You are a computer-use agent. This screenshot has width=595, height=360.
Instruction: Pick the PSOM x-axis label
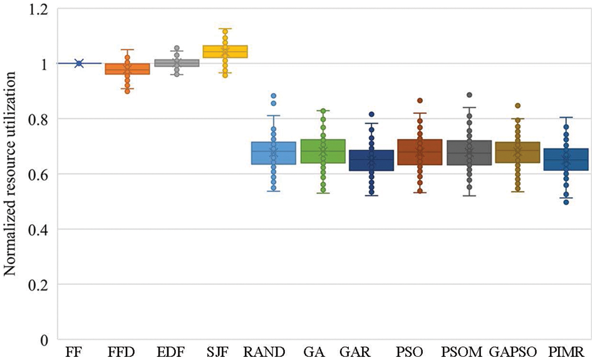point(462,352)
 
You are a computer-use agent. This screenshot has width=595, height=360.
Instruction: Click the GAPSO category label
point(513,352)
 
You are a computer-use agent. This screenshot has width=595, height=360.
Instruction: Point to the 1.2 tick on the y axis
point(38,9)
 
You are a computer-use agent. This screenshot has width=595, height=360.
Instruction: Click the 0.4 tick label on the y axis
point(38,229)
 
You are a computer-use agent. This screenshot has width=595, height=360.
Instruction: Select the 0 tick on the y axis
point(43,340)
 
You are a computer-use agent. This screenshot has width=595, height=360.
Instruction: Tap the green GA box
point(323,152)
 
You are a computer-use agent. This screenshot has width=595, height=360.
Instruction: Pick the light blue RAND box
point(273,153)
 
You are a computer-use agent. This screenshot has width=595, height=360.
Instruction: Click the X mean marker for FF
point(79,63)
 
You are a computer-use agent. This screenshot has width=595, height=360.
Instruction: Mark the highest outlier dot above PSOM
point(469,95)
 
